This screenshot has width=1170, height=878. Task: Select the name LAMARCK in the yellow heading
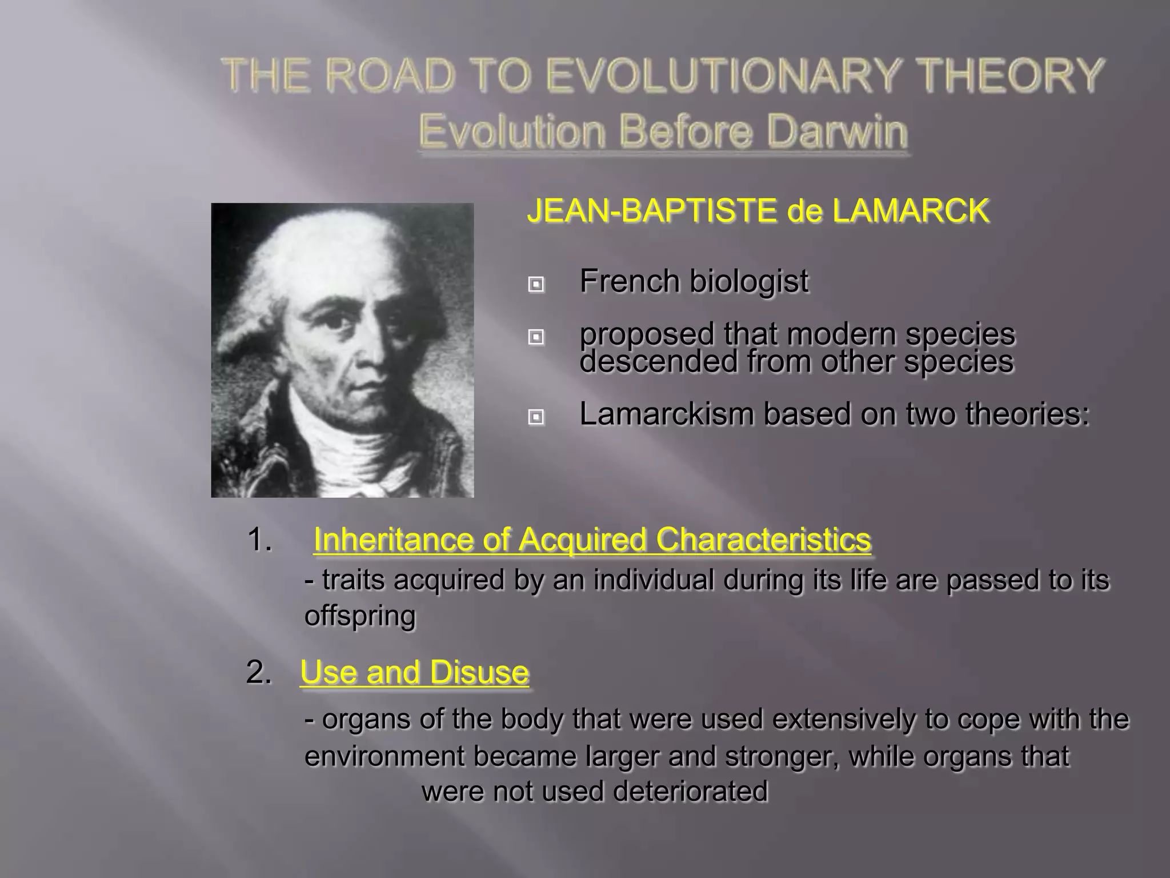910,211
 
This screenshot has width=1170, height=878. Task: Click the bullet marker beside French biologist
536,284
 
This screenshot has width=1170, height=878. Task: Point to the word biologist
748,282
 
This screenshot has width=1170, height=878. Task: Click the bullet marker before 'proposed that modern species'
536,337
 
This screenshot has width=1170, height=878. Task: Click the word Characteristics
763,540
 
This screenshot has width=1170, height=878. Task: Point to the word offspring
360,616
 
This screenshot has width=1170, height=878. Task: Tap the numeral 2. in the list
258,672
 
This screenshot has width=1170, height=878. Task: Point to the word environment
384,756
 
